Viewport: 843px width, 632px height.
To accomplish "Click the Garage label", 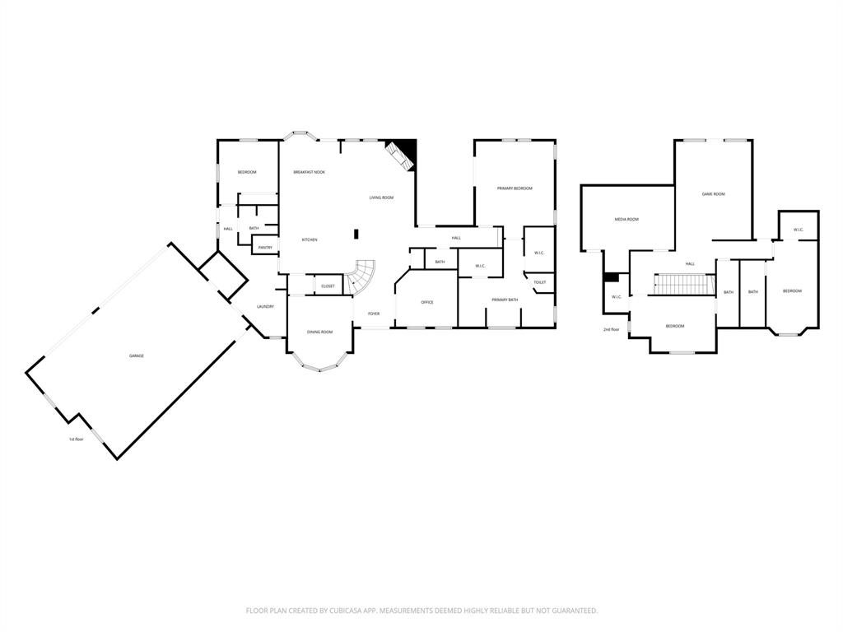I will click(136, 355).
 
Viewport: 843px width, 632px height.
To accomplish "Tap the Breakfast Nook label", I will click(309, 172).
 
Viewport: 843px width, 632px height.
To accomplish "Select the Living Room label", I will click(380, 197).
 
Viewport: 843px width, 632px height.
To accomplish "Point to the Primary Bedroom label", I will click(515, 188).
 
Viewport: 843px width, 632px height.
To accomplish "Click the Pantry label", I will click(265, 247).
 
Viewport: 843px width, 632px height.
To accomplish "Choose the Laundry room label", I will click(265, 306).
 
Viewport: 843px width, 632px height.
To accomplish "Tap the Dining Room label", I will click(319, 332).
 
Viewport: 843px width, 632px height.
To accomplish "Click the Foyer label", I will click(374, 314).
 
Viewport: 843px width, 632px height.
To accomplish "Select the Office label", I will click(427, 302).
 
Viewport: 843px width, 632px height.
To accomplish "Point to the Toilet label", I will click(539, 282).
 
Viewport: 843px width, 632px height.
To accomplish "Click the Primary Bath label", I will click(505, 300).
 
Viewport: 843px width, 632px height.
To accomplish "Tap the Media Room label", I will click(626, 219).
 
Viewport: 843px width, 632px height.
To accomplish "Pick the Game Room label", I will click(713, 193).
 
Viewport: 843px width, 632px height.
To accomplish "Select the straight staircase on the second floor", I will click(682, 284).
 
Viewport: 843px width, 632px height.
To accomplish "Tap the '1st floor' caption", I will click(76, 439).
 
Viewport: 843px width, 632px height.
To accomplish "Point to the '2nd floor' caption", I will click(611, 329).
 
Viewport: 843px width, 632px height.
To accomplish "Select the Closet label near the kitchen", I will click(328, 286).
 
